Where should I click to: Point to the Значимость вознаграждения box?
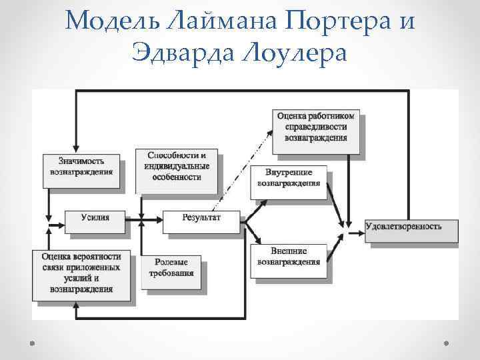[x=81, y=166]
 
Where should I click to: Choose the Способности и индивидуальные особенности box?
[x=177, y=167]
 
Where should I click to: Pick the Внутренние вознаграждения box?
[x=289, y=179]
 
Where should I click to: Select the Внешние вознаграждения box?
[x=289, y=257]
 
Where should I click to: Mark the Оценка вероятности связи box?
[x=81, y=272]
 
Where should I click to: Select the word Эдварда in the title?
[x=179, y=51]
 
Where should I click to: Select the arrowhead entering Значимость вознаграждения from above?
[x=77, y=149]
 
